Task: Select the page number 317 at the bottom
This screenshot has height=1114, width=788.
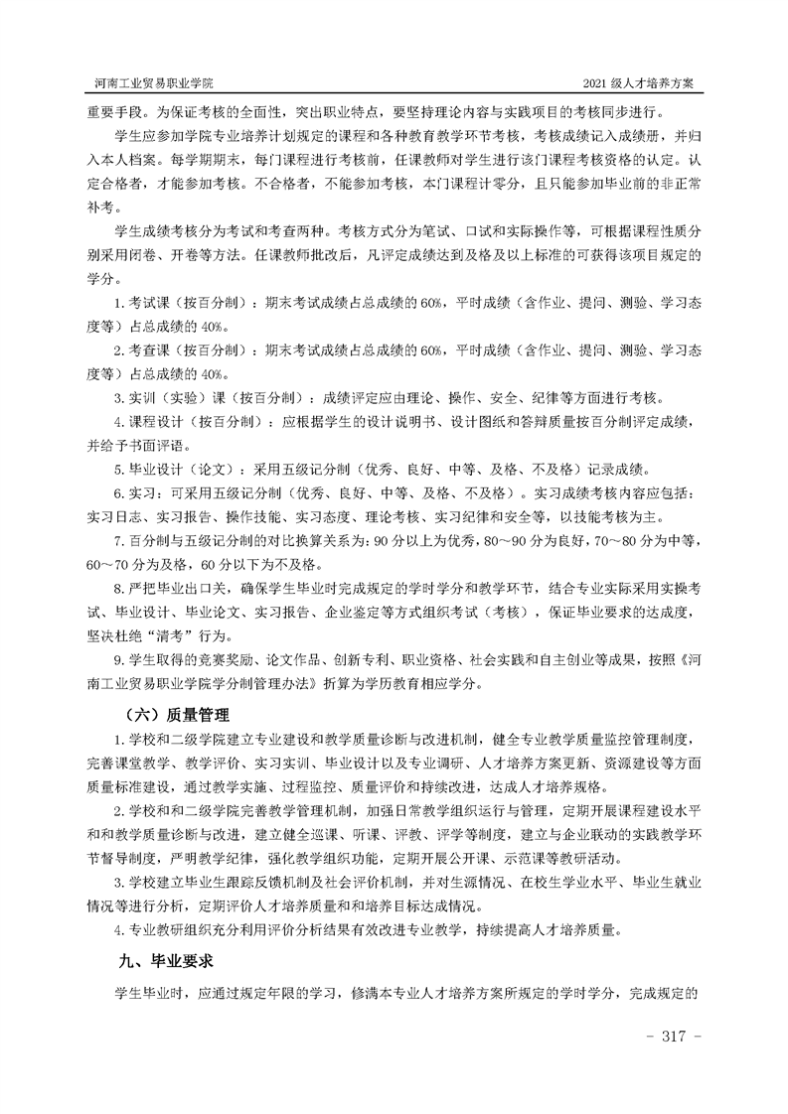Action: (674, 1036)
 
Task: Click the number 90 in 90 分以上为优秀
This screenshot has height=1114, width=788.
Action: (381, 541)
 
